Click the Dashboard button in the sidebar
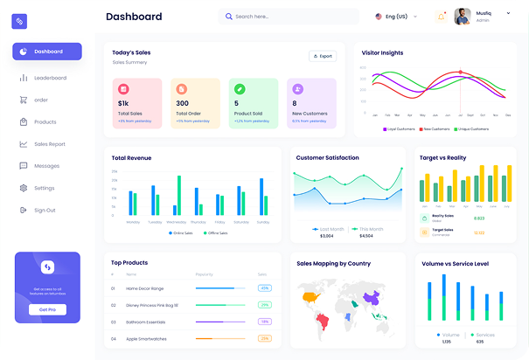pos(47,52)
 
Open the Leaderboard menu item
pos(50,78)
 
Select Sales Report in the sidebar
pos(50,144)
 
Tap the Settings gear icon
pos(24,188)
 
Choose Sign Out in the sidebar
pos(45,210)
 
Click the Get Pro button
pos(47,309)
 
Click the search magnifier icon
pos(229,17)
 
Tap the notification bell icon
pos(441,17)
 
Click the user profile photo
pos(463,17)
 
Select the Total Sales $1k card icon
pos(123,89)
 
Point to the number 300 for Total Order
pos(182,103)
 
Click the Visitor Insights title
pos(383,52)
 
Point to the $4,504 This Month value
pos(365,236)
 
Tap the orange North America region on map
pos(310,297)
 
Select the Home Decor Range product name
pos(145,287)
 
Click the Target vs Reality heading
pos(443,158)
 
